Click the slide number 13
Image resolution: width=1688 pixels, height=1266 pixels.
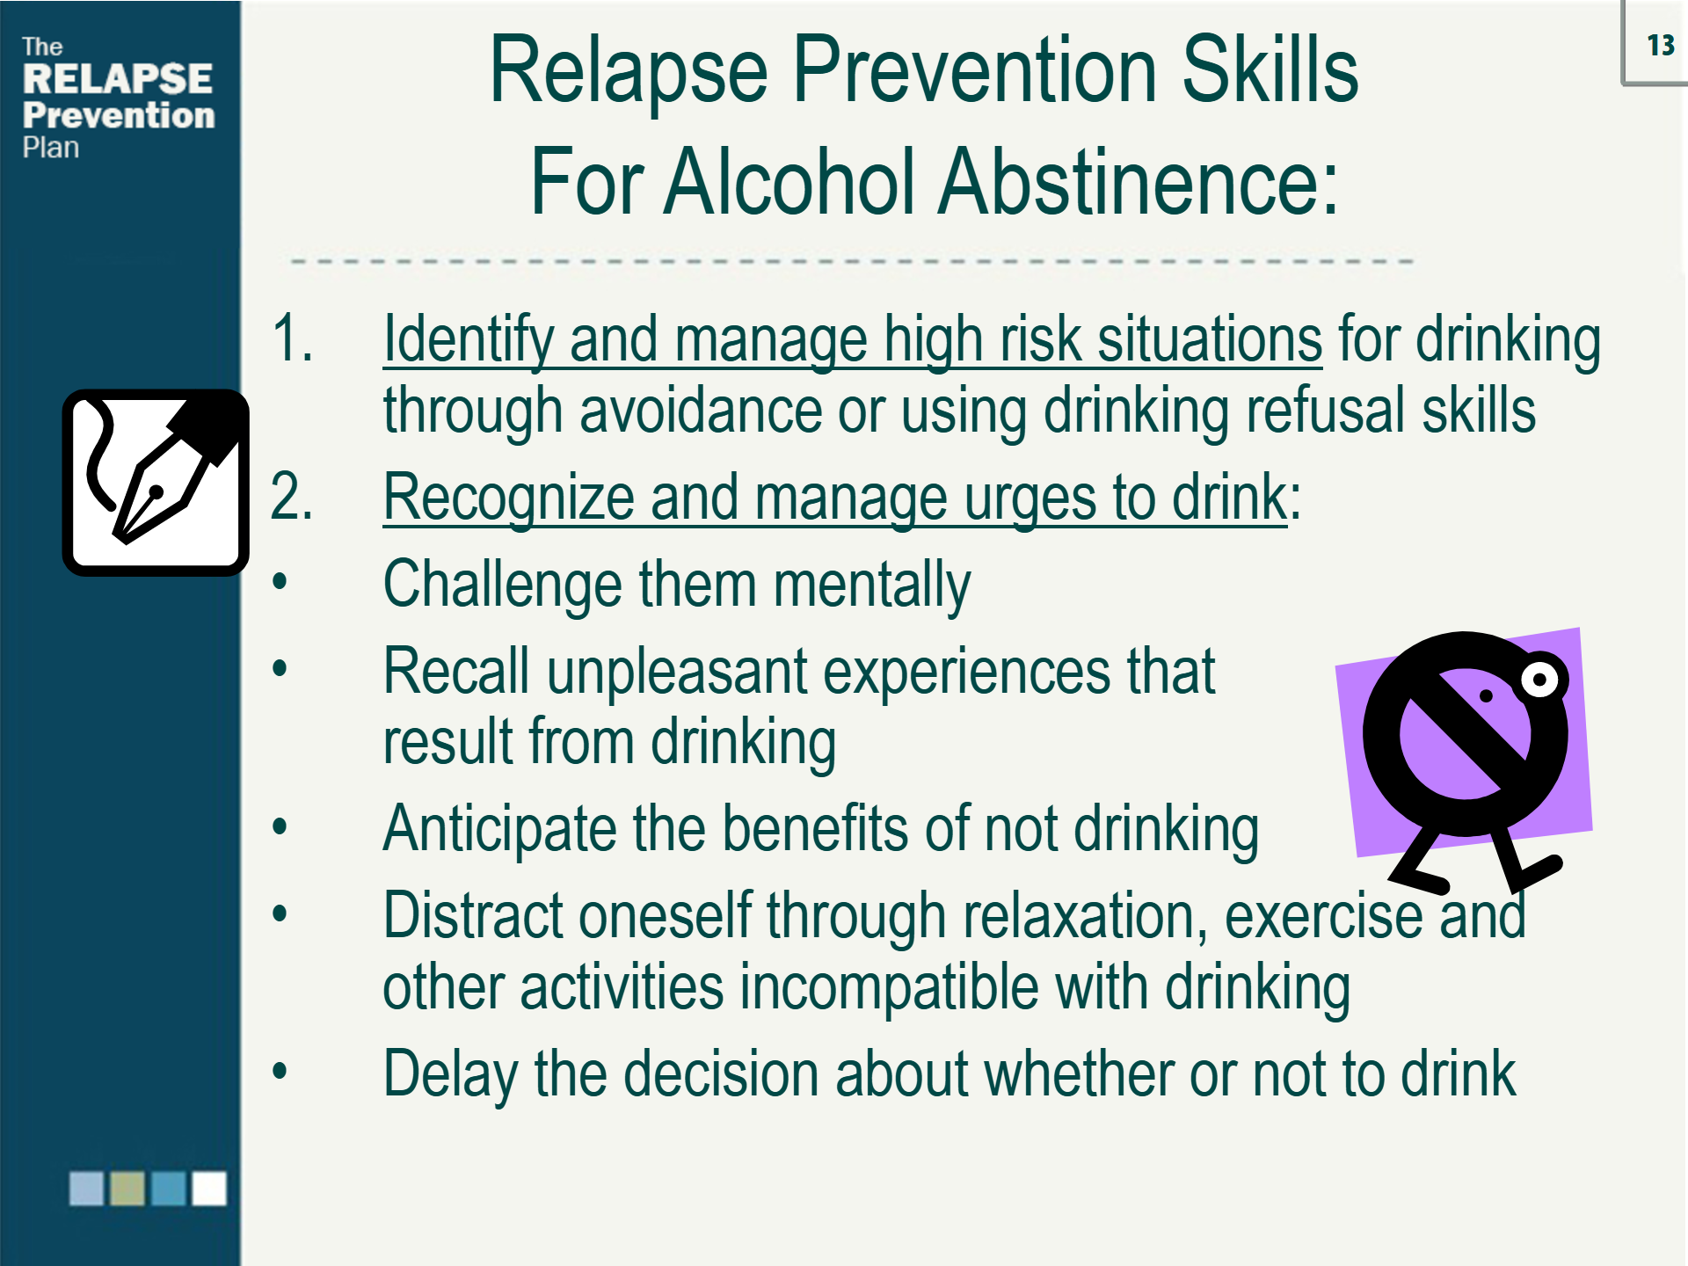pyautogui.click(x=1660, y=45)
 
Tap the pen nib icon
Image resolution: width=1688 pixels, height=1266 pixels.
pyautogui.click(x=156, y=483)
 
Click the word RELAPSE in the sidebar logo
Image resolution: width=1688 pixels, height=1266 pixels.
pyautogui.click(x=118, y=79)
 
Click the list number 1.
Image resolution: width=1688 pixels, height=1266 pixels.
pyautogui.click(x=293, y=338)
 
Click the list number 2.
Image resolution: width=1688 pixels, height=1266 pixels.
pyautogui.click(x=292, y=497)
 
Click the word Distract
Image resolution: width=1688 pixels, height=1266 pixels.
pyautogui.click(x=472, y=916)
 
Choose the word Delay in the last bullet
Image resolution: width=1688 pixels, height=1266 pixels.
pyautogui.click(x=450, y=1075)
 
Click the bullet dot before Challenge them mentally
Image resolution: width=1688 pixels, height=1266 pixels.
pyautogui.click(x=280, y=581)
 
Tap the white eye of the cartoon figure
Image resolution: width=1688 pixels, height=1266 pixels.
pyautogui.click(x=1539, y=679)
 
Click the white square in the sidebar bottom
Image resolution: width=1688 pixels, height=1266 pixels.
pyautogui.click(x=209, y=1189)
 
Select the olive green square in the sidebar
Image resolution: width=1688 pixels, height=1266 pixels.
pyautogui.click(x=127, y=1189)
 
